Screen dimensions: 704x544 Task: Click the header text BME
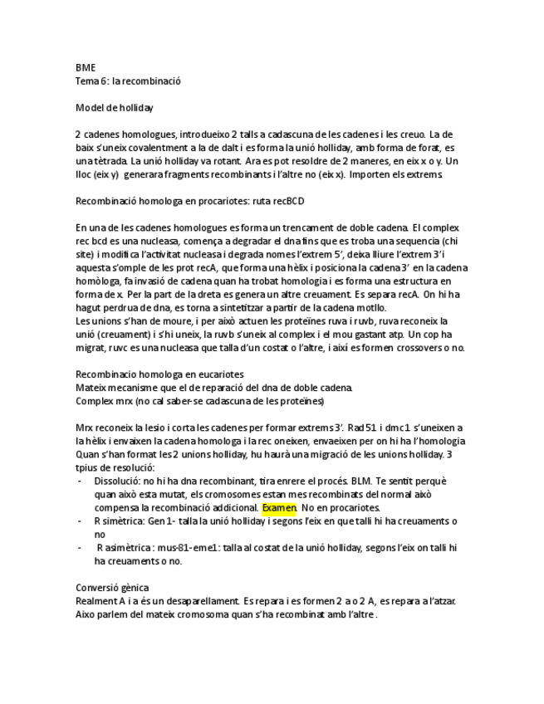[85, 67]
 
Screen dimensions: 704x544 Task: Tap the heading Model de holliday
[115, 108]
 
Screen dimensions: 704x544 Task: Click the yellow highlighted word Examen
[279, 507]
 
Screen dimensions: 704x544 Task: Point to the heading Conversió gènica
[112, 588]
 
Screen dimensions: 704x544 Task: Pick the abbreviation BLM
[358, 481]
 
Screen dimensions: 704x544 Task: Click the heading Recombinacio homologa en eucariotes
[159, 374]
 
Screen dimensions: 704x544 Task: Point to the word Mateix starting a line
[91, 388]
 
